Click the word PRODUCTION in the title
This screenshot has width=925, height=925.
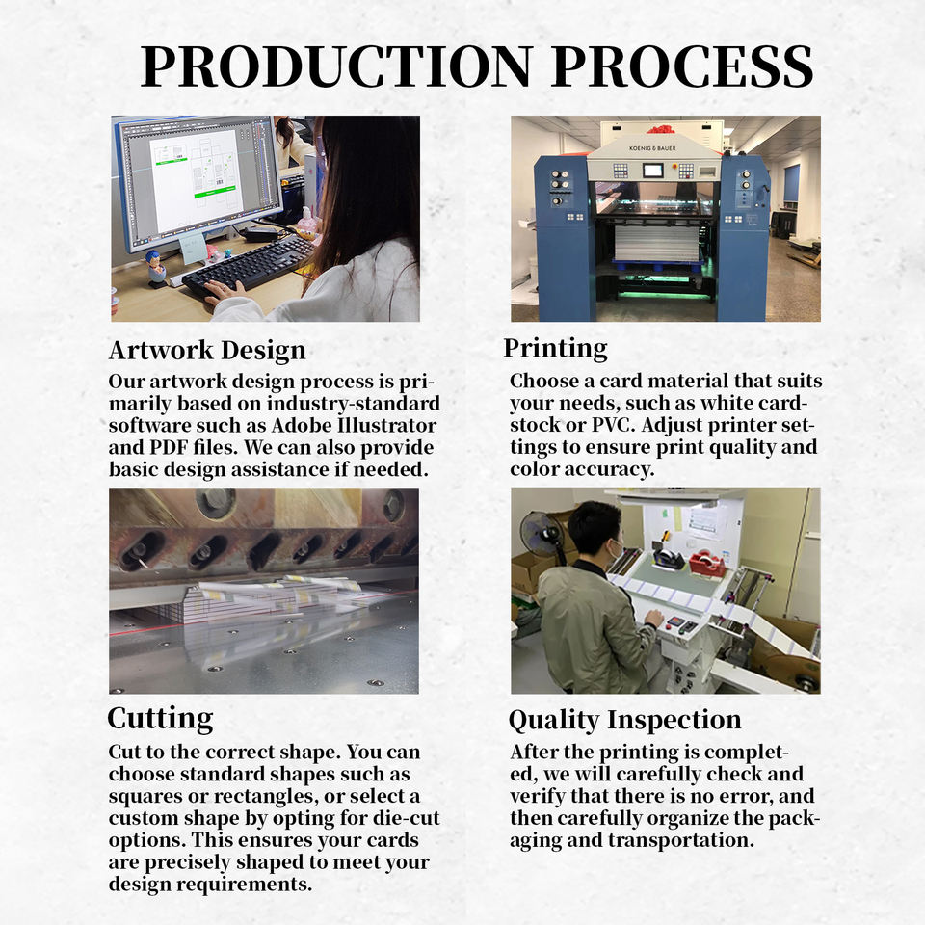click(x=337, y=66)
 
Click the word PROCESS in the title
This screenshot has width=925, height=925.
click(x=683, y=66)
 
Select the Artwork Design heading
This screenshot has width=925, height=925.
click(x=207, y=351)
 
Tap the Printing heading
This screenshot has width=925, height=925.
click(x=555, y=349)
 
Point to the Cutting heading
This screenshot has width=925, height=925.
click(x=161, y=719)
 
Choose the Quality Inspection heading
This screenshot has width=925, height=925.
click(x=624, y=721)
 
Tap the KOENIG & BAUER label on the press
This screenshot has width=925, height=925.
click(x=652, y=148)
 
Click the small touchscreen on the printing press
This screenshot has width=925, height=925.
click(x=653, y=171)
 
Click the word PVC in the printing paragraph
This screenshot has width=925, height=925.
click(x=614, y=425)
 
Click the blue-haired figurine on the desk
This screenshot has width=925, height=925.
click(x=157, y=266)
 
